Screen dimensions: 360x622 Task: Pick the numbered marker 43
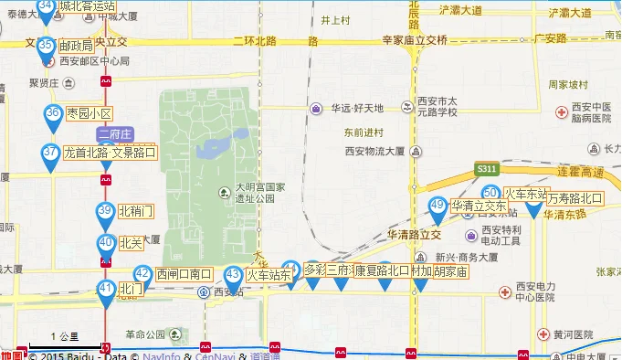coord(233,276)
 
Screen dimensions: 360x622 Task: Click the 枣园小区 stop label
coord(90,114)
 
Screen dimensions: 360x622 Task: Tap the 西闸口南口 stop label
coord(184,274)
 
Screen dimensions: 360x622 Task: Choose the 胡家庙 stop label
coord(451,271)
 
